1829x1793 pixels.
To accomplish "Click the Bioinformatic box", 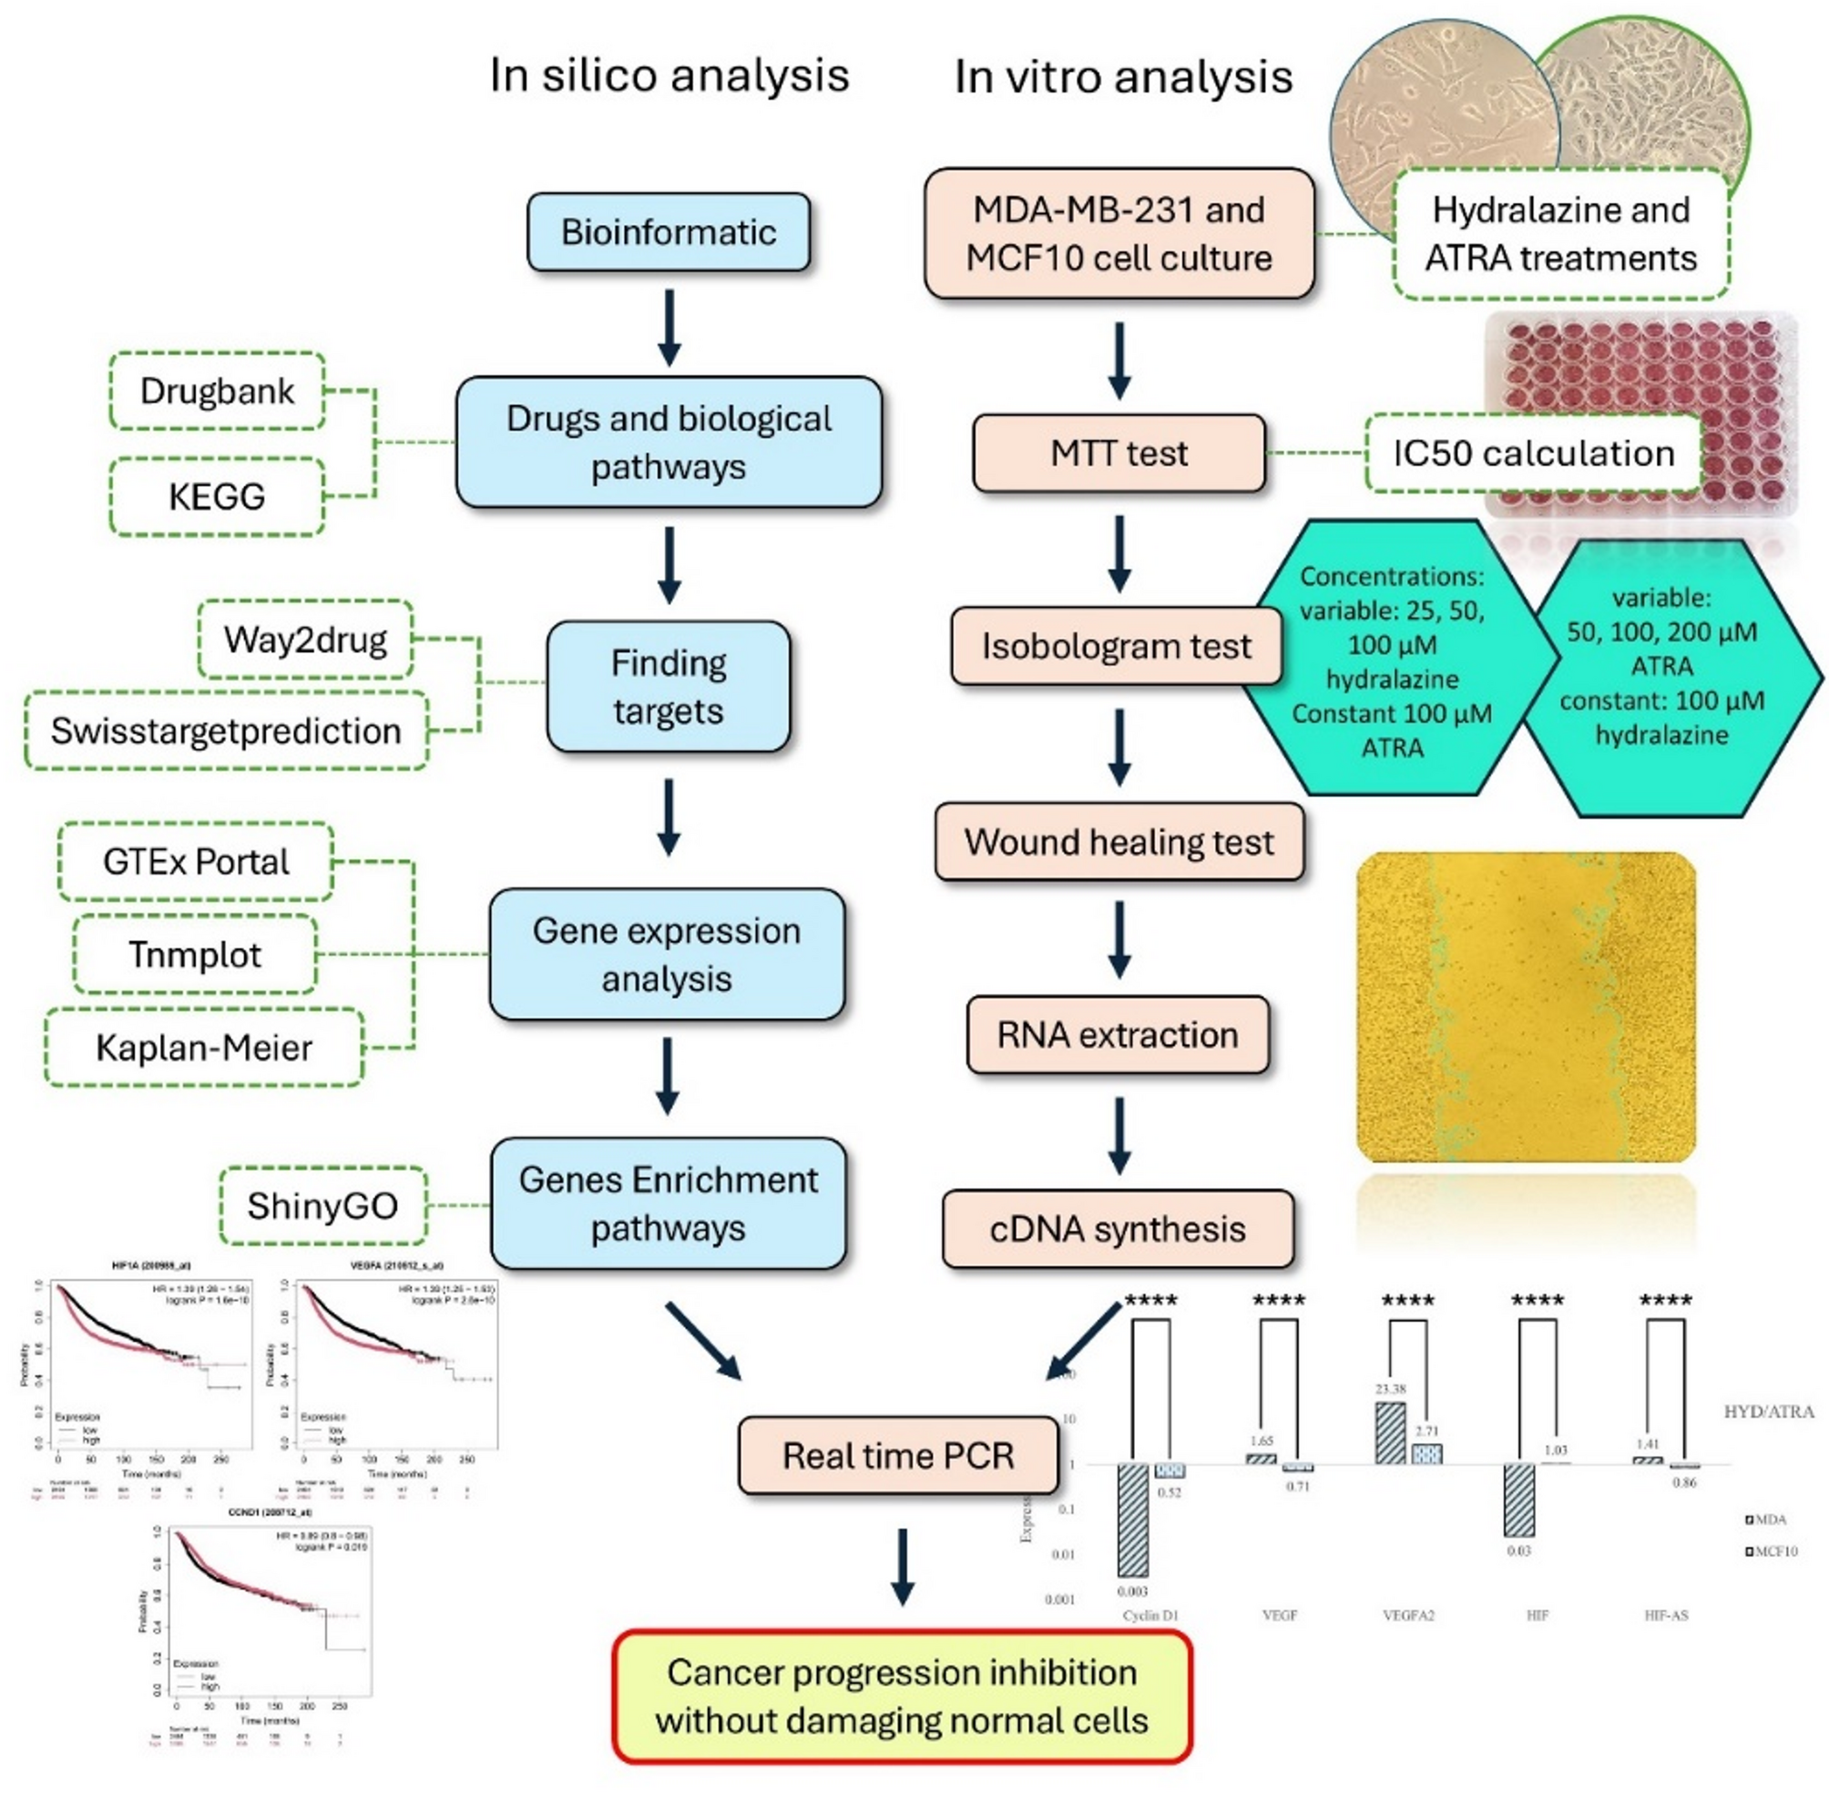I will tap(669, 232).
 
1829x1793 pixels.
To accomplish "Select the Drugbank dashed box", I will tap(218, 391).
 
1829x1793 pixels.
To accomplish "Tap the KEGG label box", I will tap(218, 497).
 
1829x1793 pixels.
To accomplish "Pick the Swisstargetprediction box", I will tap(226, 731).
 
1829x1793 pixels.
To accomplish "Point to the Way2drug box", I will tap(305, 640).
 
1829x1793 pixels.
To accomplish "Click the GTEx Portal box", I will tap(196, 862).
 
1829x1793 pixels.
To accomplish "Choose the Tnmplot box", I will tap(195, 954).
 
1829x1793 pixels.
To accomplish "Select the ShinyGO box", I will tap(322, 1205).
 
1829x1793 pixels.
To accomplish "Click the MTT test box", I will tap(1119, 453).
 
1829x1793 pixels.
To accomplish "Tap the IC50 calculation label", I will tap(1533, 453).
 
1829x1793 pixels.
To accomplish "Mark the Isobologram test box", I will tap(1117, 646).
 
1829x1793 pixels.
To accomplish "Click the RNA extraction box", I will tap(1118, 1035).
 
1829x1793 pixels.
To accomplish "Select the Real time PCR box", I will tap(898, 1456).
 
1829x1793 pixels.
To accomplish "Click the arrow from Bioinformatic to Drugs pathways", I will tap(669, 327).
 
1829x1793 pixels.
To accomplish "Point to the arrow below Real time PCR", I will tap(903, 1568).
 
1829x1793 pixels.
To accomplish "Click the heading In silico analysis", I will tap(669, 76).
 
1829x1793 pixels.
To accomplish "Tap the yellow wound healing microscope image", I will tap(1526, 1007).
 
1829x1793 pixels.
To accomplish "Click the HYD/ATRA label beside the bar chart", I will tap(1768, 1411).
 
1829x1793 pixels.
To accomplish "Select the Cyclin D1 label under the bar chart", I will tap(1150, 1615).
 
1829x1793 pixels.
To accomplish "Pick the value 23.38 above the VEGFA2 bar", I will tap(1390, 1389).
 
